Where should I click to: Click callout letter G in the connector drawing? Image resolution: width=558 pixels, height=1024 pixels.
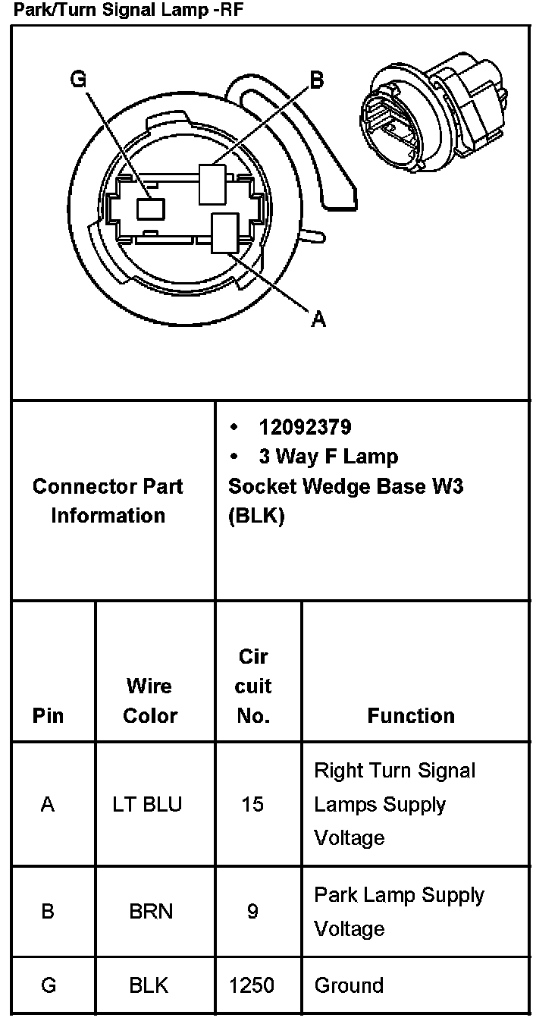tap(78, 80)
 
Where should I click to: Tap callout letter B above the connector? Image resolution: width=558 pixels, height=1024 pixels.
tap(316, 80)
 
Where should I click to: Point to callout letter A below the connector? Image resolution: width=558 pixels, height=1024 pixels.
tap(319, 321)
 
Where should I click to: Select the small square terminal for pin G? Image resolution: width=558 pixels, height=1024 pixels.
tap(149, 209)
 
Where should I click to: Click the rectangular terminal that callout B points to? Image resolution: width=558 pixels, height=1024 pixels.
tap(212, 184)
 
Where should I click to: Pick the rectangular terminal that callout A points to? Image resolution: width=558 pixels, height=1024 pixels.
tap(226, 233)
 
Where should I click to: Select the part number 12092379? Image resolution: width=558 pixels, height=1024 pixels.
tap(305, 427)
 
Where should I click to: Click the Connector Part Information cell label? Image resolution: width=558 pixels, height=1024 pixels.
tap(108, 501)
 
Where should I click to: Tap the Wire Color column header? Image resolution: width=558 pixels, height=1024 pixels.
tap(149, 701)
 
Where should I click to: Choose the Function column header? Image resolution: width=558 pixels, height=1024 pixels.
tap(411, 715)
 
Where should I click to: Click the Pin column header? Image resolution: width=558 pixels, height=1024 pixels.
tap(48, 715)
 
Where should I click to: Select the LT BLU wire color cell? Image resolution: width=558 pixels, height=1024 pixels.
tap(147, 804)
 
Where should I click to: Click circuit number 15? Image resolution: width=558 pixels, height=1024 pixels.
tap(252, 804)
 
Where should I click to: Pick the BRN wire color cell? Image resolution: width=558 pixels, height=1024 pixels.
tap(151, 911)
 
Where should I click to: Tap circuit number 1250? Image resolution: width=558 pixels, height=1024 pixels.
tap(252, 985)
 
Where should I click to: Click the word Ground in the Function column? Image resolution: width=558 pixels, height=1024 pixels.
tap(349, 985)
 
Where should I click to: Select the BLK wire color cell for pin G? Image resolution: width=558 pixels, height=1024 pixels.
tap(149, 985)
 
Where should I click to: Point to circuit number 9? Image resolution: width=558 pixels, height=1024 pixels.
tap(252, 911)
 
